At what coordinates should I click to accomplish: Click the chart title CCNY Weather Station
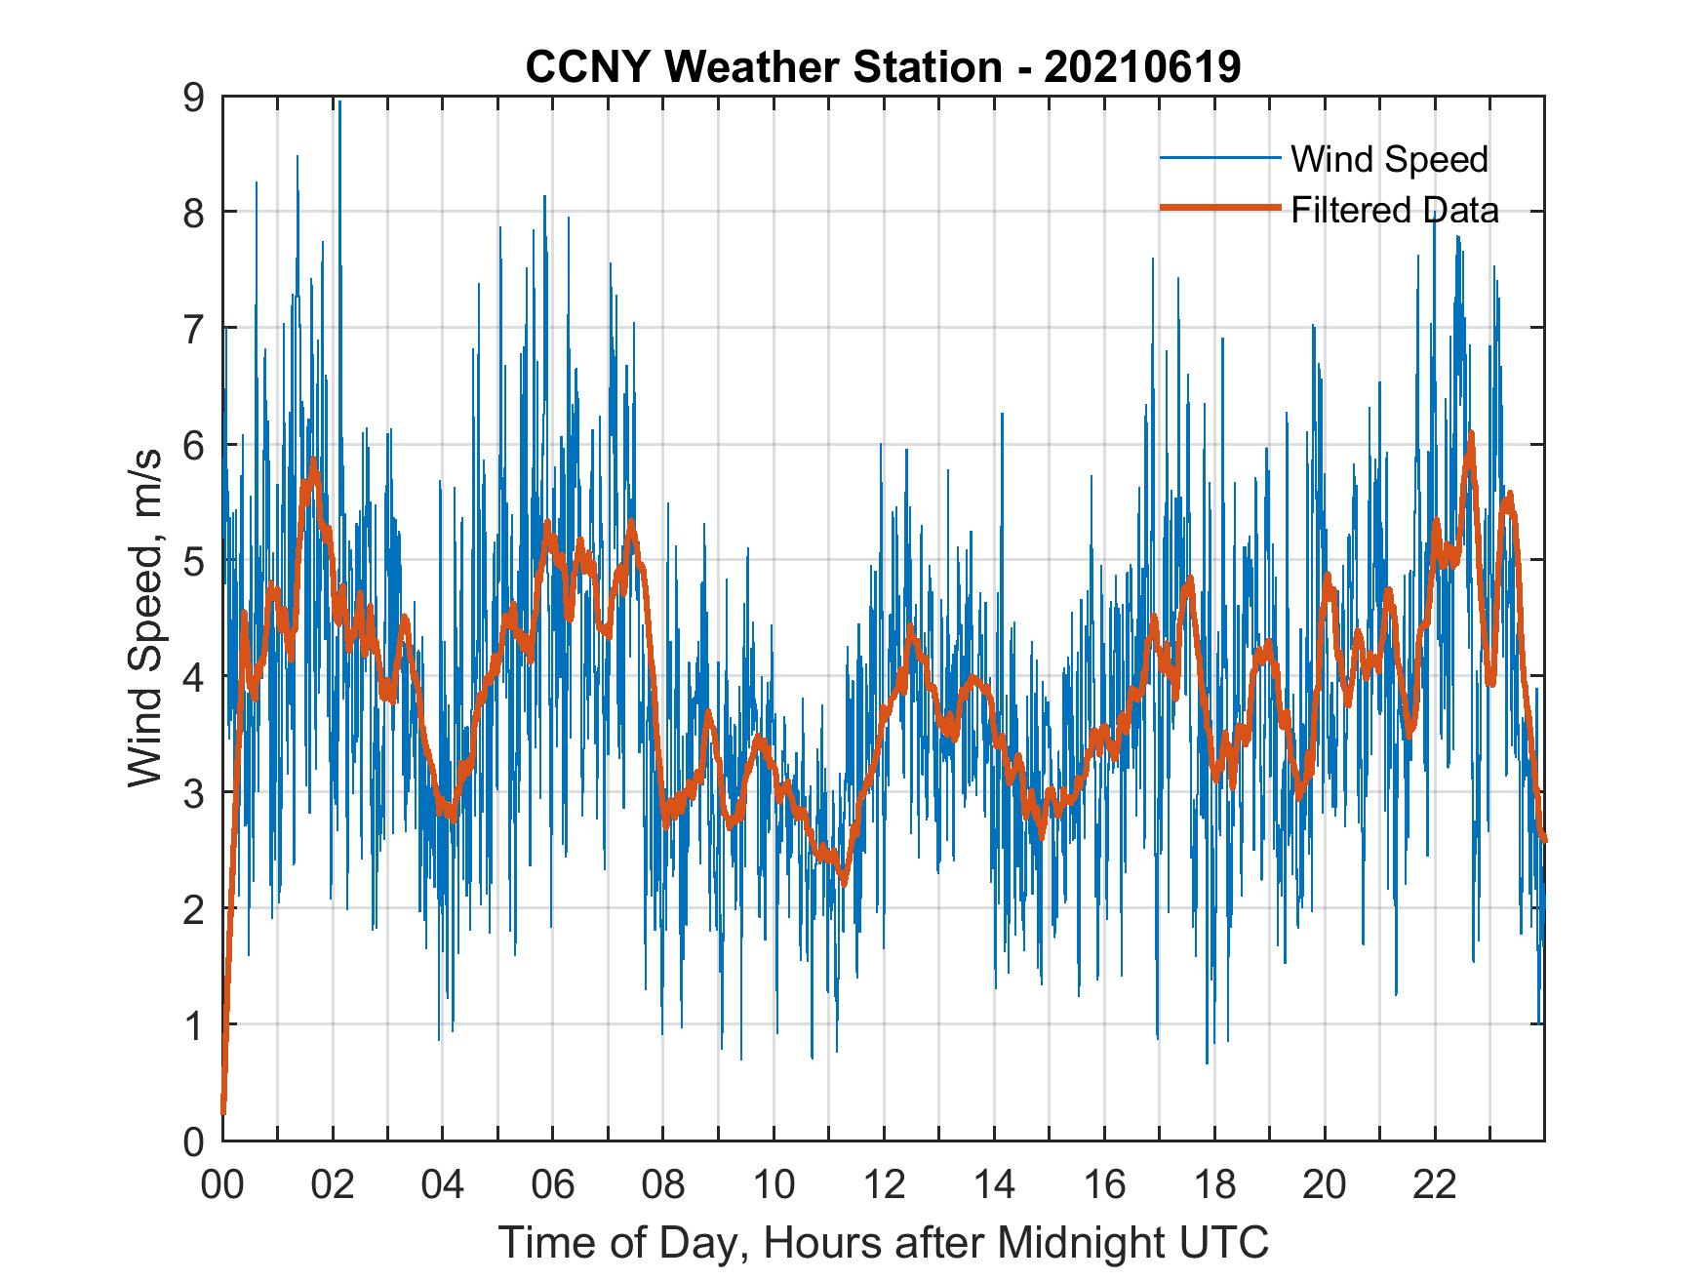(883, 67)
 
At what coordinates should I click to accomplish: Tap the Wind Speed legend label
(1389, 159)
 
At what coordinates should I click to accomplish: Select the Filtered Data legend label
(1394, 210)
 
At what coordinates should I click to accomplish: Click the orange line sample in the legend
(1219, 209)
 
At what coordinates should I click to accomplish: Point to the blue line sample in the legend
(1219, 158)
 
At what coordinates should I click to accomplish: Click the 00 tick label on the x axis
(222, 1185)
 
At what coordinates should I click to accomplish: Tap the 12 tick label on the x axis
(884, 1185)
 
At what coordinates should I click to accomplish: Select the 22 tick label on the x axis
(1435, 1185)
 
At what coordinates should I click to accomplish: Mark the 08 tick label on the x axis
(663, 1185)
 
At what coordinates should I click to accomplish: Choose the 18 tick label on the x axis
(1214, 1185)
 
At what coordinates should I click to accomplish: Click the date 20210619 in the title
(1141, 67)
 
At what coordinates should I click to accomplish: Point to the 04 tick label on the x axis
(443, 1185)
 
